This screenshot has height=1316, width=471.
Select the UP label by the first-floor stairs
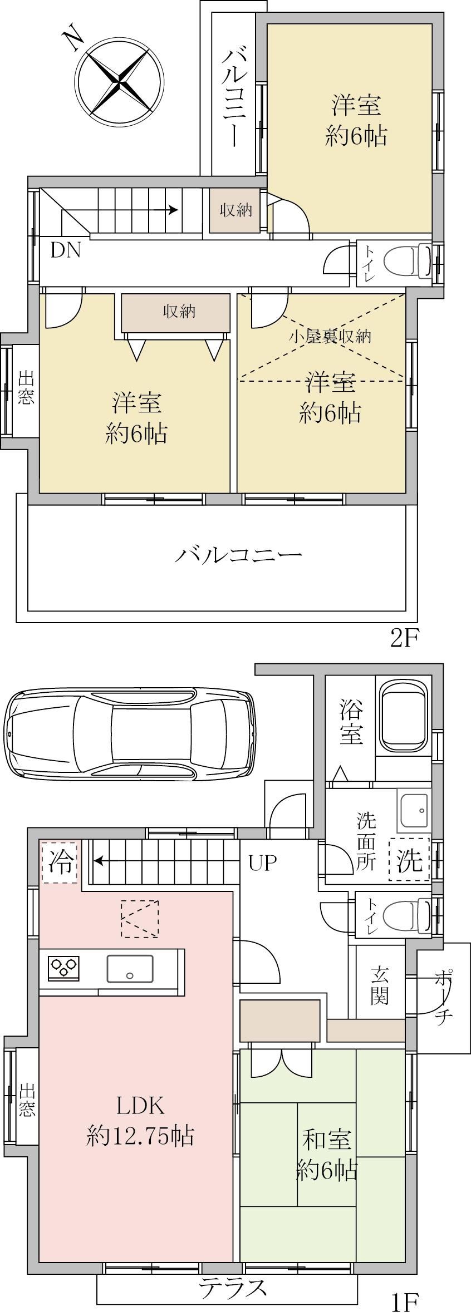click(262, 863)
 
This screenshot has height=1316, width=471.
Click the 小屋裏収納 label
click(330, 336)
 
